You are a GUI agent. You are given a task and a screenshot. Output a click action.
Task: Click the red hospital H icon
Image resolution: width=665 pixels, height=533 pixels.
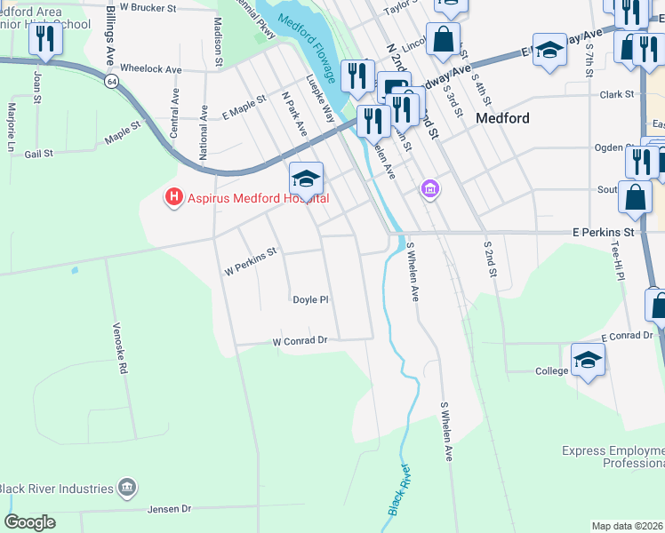pos(173,197)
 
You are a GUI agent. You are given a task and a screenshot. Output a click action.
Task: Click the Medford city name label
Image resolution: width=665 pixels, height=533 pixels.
pos(503,118)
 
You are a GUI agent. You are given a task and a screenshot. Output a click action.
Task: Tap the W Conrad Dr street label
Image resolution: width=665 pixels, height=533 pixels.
pos(300,340)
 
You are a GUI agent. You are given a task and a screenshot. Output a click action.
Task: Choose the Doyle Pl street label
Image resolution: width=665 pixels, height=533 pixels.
pos(311,300)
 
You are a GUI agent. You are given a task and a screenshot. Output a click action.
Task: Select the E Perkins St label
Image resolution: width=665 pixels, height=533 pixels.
pos(606,232)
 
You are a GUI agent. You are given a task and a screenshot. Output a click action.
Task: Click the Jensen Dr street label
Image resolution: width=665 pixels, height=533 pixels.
pos(173,509)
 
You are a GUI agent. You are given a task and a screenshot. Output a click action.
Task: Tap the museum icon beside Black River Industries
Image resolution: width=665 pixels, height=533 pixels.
pos(127,488)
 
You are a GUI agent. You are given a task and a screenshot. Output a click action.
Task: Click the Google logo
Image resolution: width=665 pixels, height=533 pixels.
pos(29,522)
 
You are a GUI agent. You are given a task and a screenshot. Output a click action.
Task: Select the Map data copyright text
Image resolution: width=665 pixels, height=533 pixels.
pos(627,526)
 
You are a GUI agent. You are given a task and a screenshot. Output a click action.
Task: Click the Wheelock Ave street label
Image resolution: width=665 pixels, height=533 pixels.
pos(150,68)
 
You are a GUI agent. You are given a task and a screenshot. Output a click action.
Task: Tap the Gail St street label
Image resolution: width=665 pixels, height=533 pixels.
pos(39,154)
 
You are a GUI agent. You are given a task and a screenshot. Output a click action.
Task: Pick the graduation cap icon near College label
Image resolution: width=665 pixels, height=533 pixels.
pos(588,360)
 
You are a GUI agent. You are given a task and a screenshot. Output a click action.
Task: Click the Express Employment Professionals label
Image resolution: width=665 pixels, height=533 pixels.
pos(613,457)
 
